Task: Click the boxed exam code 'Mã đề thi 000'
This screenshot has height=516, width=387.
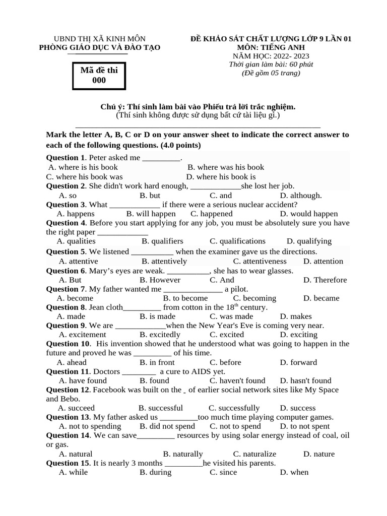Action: [99, 75]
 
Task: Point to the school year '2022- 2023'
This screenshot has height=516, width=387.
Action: [292, 56]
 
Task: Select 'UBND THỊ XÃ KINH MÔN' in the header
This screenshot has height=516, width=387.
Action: [100, 39]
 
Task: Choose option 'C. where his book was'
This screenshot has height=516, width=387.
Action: [84, 177]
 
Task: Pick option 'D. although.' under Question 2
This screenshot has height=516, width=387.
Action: [301, 196]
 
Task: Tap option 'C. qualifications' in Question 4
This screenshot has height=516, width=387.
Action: [237, 241]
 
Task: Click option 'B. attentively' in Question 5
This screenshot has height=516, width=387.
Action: [164, 262]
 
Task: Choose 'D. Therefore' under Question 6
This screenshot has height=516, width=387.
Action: [325, 280]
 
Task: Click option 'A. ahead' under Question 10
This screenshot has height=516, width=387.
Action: [72, 362]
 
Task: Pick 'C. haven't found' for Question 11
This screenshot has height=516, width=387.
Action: [237, 381]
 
